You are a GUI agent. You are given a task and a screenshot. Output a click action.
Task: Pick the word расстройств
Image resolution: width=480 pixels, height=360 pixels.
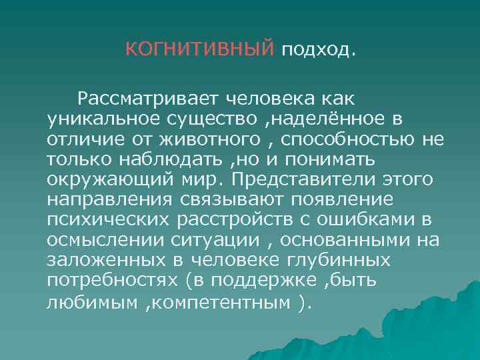(219, 221)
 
